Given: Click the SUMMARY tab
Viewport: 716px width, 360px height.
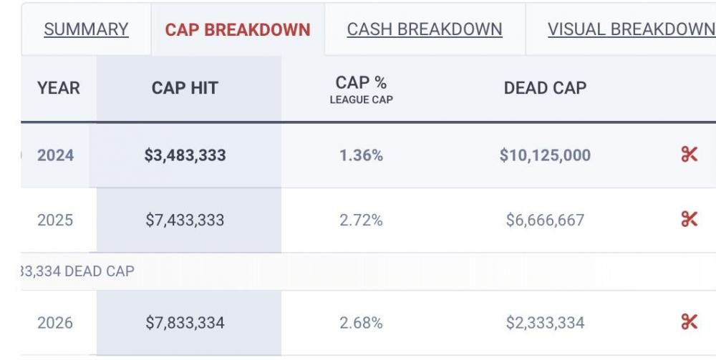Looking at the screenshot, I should point(86,29).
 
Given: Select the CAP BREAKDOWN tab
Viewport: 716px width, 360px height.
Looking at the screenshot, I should point(238,29).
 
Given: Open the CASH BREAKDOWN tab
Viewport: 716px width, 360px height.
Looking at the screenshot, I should point(425,29).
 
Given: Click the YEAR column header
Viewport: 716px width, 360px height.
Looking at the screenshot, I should point(59,88).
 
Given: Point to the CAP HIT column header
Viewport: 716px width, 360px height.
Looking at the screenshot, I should point(185,88).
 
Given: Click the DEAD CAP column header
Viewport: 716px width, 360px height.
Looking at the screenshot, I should point(545,88).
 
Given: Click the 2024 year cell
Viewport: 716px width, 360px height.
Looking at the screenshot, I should point(56,155).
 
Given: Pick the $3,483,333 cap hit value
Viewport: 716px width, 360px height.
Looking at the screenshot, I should point(185,155).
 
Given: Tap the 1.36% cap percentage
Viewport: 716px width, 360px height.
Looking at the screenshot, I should point(362,155).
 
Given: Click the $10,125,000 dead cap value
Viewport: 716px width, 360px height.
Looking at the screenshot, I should point(545,155).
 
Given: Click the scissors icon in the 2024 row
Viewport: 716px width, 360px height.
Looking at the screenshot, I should point(689,155).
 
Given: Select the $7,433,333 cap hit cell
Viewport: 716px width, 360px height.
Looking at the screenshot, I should point(185,220).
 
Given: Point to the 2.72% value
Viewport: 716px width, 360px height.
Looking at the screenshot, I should point(362,220).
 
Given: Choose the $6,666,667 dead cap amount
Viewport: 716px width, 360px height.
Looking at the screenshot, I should point(545,220).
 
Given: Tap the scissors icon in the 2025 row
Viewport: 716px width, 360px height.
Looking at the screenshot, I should point(689,219).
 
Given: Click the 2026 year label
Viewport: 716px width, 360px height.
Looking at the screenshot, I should point(56,323).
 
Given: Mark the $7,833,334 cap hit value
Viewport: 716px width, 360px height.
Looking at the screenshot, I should point(185,323).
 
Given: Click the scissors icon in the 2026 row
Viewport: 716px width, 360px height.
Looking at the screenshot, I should point(689,322).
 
